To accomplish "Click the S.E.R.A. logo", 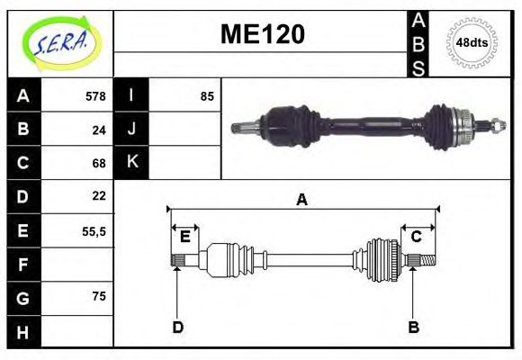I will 59,43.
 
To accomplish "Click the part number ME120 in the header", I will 262,34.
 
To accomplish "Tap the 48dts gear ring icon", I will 472,42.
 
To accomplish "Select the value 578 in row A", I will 95,96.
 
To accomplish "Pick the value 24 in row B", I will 99,130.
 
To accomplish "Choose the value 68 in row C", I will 99,163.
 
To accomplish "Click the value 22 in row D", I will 99,195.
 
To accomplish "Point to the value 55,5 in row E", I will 94,230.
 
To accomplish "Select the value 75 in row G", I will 99,296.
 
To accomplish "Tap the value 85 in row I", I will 207,96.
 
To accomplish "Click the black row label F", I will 22,265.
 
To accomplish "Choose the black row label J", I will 131,130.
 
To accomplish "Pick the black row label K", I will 131,163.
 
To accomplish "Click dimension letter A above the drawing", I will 301,200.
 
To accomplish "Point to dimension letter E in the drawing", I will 184,237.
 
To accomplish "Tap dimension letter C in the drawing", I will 416,237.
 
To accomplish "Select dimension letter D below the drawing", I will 177,328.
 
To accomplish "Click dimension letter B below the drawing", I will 413,328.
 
